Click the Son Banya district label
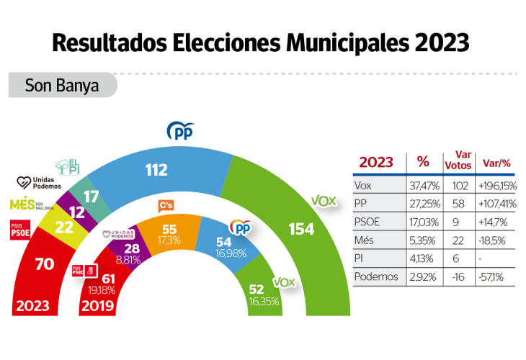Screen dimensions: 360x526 pyautogui.click(x=62, y=86)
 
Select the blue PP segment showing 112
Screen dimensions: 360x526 pyautogui.click(x=156, y=171)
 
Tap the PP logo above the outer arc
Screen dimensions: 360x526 pyautogui.click(x=181, y=130)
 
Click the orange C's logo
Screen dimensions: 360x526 pyautogui.click(x=166, y=206)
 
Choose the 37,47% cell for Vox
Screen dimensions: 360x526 pyautogui.click(x=424, y=184)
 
